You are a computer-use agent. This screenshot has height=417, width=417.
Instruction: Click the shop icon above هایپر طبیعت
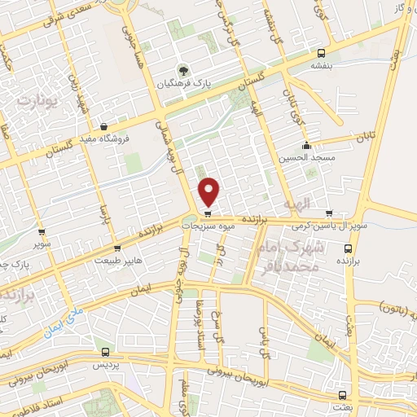(119, 248)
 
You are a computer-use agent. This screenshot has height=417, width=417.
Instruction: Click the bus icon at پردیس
(105, 352)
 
